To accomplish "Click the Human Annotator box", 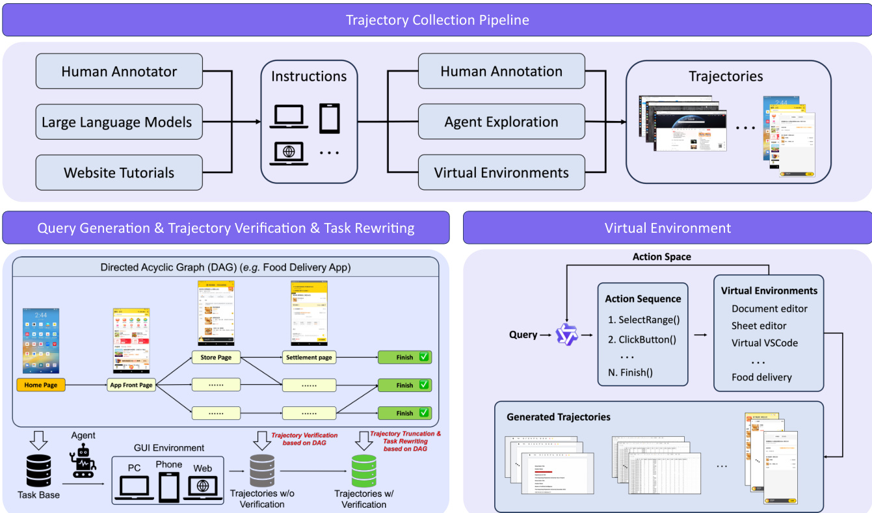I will pos(119,72).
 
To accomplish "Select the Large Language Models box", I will pos(119,122).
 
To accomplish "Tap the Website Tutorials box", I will pos(119,173).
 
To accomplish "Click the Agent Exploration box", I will pos(501,122).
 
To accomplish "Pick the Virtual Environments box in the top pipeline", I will pos(501,173).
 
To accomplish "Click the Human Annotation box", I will pos(501,72).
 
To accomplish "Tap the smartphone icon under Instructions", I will pos(330,118).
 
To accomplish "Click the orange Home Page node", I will pos(41,385).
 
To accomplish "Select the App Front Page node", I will pos(131,385).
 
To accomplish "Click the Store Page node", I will pos(216,357).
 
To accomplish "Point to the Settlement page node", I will pos(309,357).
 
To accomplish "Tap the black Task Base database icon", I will pos(38,470).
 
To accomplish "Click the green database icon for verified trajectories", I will pos(363,470).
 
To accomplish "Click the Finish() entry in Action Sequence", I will pos(631,373).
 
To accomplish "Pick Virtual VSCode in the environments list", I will pos(764,343).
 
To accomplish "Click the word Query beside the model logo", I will pos(523,335).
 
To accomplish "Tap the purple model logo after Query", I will pos(566,335).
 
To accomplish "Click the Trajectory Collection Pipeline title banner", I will pos(437,20).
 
